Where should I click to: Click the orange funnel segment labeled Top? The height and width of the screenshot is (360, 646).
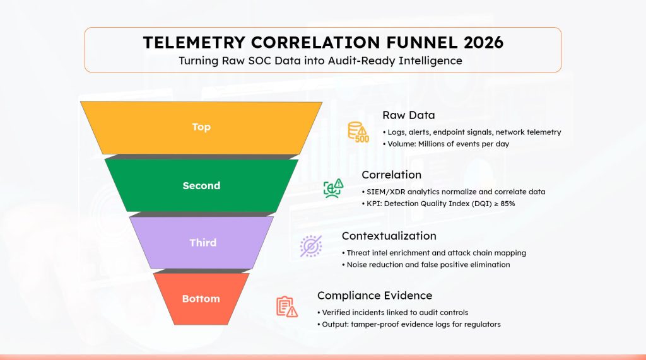pyautogui.click(x=201, y=127)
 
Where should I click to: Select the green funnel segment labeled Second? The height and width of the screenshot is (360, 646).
pyautogui.click(x=201, y=185)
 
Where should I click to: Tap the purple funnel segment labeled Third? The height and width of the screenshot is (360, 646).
pyautogui.click(x=203, y=243)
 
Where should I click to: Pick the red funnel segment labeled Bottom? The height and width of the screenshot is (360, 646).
pyautogui.click(x=201, y=298)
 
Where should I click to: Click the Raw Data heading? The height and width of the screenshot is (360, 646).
pyautogui.click(x=408, y=115)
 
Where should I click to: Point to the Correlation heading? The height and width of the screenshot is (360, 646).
pyautogui.click(x=391, y=175)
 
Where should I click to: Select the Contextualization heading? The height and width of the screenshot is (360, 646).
pyautogui.click(x=389, y=236)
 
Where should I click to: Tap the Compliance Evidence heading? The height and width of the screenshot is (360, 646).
pyautogui.click(x=375, y=295)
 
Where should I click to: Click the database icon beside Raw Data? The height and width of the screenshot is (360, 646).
pyautogui.click(x=358, y=132)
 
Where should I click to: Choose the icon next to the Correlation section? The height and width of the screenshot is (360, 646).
pyautogui.click(x=333, y=188)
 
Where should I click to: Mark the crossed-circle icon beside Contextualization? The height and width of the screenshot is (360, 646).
pyautogui.click(x=310, y=245)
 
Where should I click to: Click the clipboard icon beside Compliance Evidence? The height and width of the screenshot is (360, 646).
pyautogui.click(x=286, y=306)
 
